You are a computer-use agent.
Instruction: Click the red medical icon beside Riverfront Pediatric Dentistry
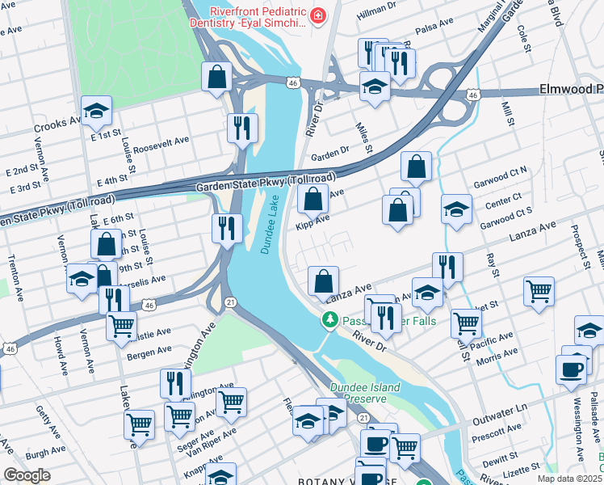coord(318,16)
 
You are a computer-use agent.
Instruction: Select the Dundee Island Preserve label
coord(364,393)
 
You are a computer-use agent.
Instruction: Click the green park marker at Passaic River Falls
coord(329,321)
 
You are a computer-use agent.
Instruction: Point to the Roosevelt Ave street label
coord(161,140)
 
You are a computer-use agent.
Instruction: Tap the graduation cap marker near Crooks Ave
coord(96,112)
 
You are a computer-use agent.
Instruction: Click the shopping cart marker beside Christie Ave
coord(121,327)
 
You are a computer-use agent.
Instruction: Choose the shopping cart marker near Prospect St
coord(539,291)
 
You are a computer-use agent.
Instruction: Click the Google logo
coord(27,475)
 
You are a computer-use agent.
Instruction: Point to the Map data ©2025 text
coord(569,479)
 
